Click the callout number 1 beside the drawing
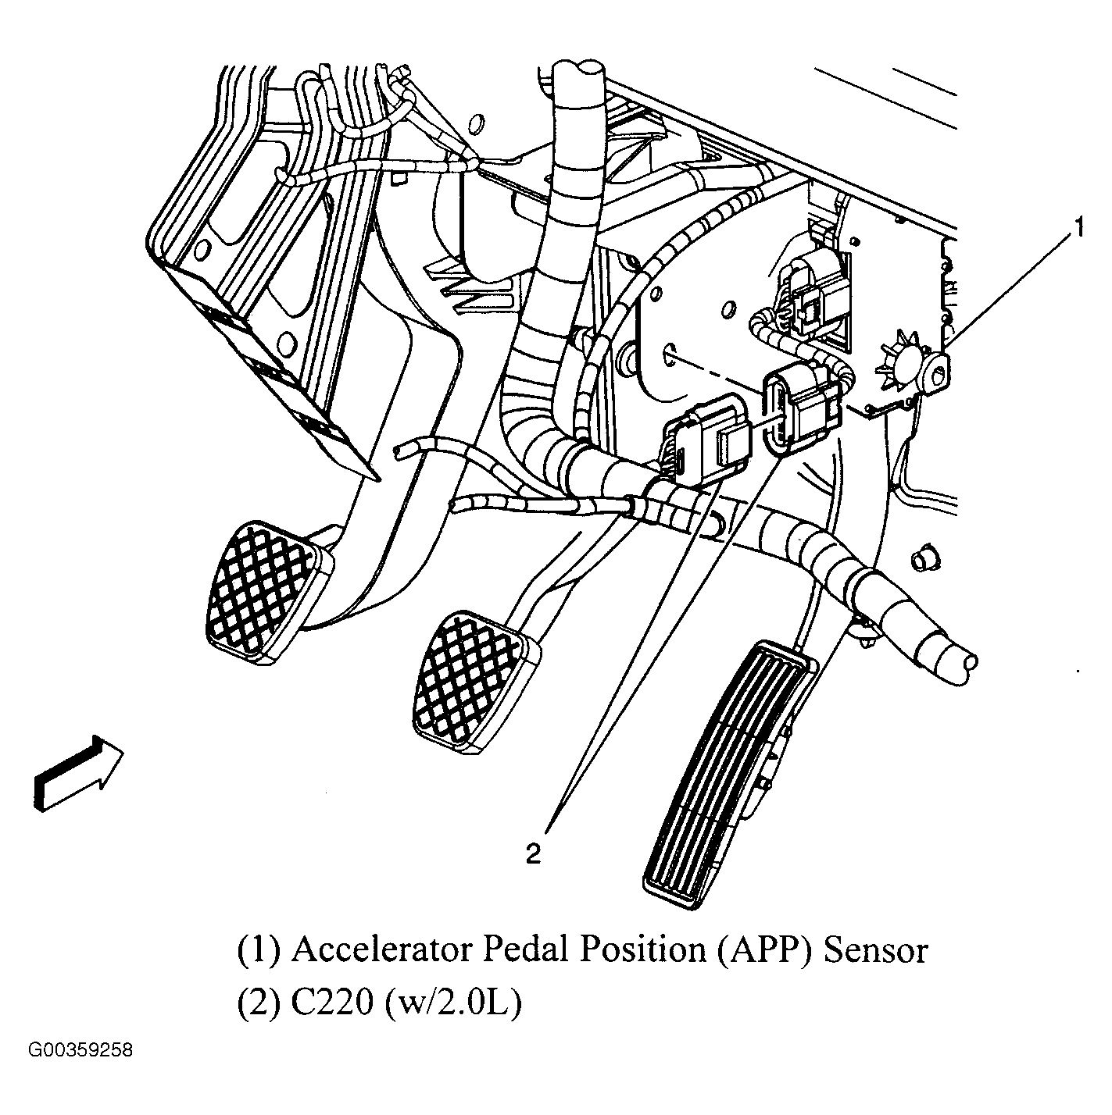(1078, 229)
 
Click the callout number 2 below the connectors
(533, 853)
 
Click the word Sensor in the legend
(876, 950)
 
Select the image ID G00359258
(81, 1050)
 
